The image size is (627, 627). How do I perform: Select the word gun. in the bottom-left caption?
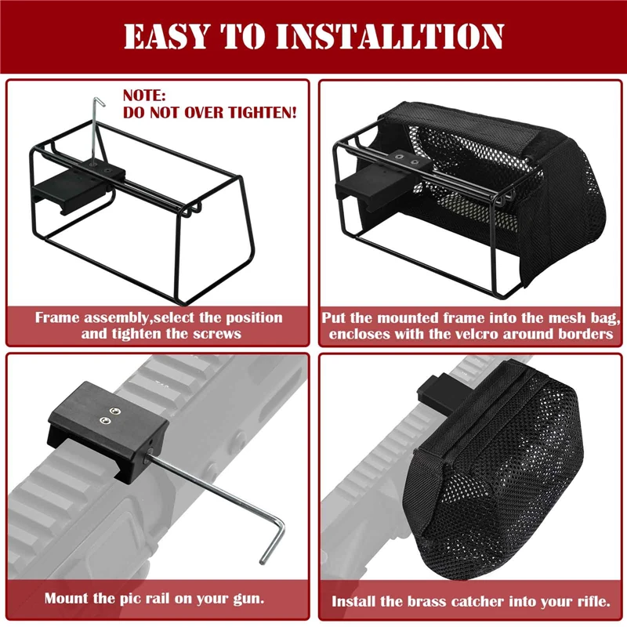click(x=245, y=598)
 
